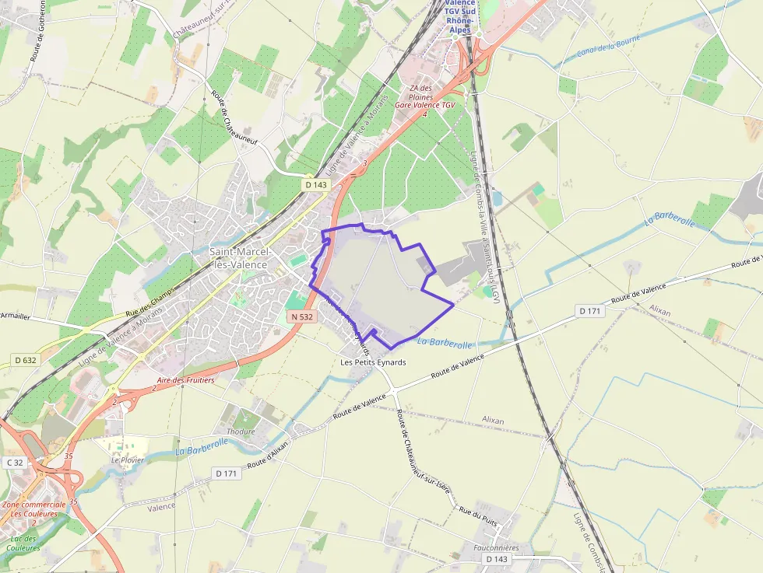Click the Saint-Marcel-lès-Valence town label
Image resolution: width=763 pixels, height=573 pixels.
point(240,258)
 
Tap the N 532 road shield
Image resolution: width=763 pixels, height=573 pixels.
point(301,316)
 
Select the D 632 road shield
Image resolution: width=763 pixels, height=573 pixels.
point(26,360)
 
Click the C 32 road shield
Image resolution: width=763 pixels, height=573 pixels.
point(15,463)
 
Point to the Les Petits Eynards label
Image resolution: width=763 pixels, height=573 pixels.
point(374,362)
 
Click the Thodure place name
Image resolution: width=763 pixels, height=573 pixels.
point(241,432)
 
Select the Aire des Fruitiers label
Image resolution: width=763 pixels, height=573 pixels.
point(185,380)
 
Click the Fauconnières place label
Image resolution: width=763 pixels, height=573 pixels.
point(496,547)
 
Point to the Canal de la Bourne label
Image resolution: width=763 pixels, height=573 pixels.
point(610,48)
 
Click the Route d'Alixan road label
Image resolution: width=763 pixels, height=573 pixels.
point(268,459)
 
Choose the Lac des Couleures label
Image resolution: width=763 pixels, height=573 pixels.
point(23,543)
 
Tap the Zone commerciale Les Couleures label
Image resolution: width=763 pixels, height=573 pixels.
point(33,508)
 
